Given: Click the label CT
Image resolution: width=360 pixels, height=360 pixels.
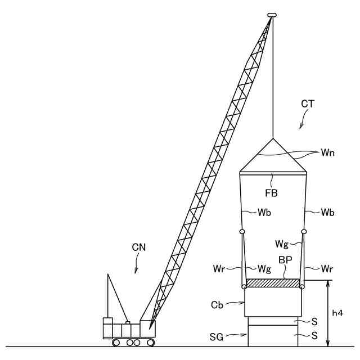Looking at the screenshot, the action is [x=308, y=104].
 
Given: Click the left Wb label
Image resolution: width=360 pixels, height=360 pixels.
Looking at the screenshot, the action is [x=264, y=213].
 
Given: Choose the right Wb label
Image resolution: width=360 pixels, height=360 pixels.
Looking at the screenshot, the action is [x=328, y=213].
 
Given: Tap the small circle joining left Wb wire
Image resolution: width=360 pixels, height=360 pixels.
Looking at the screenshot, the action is [x=242, y=232].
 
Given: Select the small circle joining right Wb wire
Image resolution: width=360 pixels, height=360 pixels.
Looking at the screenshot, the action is [x=304, y=232].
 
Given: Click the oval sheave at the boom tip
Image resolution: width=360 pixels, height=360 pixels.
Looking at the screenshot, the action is [x=272, y=15].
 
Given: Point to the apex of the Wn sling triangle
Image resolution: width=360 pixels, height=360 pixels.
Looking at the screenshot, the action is [x=273, y=138].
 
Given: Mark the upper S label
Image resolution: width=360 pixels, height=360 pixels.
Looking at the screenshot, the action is [x=314, y=321].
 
